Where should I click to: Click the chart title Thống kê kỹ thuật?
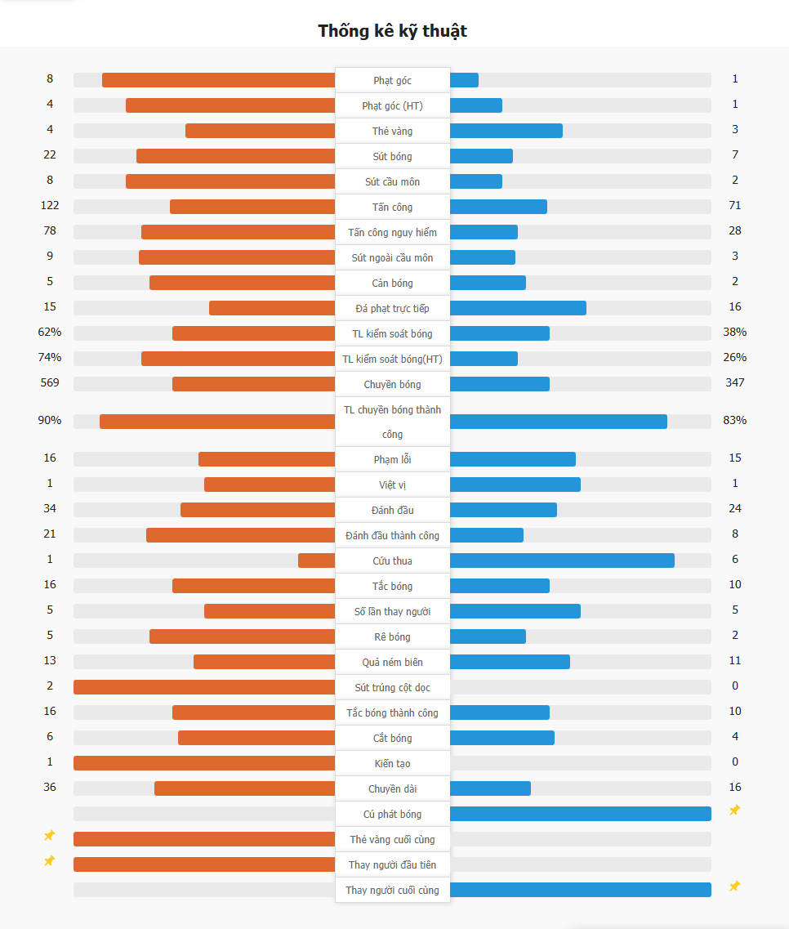pos(392,31)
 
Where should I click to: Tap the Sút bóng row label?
pos(392,156)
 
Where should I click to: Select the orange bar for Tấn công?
pos(252,207)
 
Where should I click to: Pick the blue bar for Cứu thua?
pos(562,561)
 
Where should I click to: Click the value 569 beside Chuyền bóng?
pos(50,383)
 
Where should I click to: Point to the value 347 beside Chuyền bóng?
pos(735,383)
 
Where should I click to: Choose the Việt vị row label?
pos(392,485)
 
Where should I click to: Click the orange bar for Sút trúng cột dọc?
pos(204,687)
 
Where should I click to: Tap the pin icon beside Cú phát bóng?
pos(734,811)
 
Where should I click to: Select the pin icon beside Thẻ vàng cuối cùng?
pos(50,836)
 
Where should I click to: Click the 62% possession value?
pos(50,333)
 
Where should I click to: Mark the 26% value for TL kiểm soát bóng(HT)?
pos(735,358)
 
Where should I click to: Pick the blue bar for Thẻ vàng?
pos(506,131)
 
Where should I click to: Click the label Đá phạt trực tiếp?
pos(392,308)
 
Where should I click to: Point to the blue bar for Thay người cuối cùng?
pos(580,890)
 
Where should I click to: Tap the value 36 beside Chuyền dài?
pos(50,788)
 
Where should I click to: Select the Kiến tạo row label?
pos(392,763)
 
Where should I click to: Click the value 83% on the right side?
pos(735,421)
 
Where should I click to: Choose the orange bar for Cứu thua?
pos(317,561)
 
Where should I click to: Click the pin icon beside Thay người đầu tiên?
pos(50,861)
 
